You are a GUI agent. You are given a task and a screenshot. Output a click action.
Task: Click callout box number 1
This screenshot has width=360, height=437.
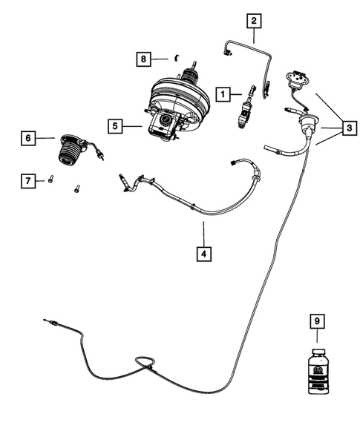click(222, 94)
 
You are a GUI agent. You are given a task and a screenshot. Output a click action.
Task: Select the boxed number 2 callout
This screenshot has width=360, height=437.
click(254, 21)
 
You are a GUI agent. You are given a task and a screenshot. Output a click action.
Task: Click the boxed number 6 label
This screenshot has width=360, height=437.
click(27, 137)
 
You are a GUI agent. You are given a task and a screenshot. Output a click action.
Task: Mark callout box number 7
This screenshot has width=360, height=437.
click(27, 180)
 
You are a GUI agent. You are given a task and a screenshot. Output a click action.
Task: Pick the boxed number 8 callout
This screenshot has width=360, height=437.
click(144, 58)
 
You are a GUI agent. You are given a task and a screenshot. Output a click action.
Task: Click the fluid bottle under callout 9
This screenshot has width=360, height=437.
click(317, 371)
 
